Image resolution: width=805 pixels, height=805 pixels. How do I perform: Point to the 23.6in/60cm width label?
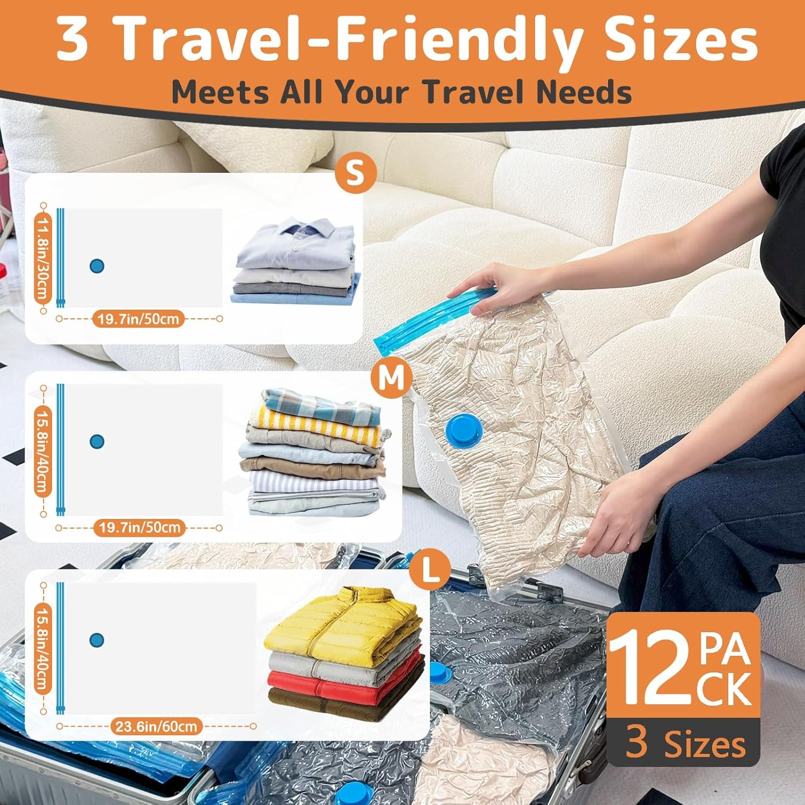point(157,726)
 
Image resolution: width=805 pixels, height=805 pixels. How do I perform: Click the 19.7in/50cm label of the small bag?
point(138,319)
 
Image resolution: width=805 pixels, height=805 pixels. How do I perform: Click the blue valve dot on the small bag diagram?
point(97,265)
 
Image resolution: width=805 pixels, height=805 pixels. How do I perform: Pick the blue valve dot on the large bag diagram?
point(97,640)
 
